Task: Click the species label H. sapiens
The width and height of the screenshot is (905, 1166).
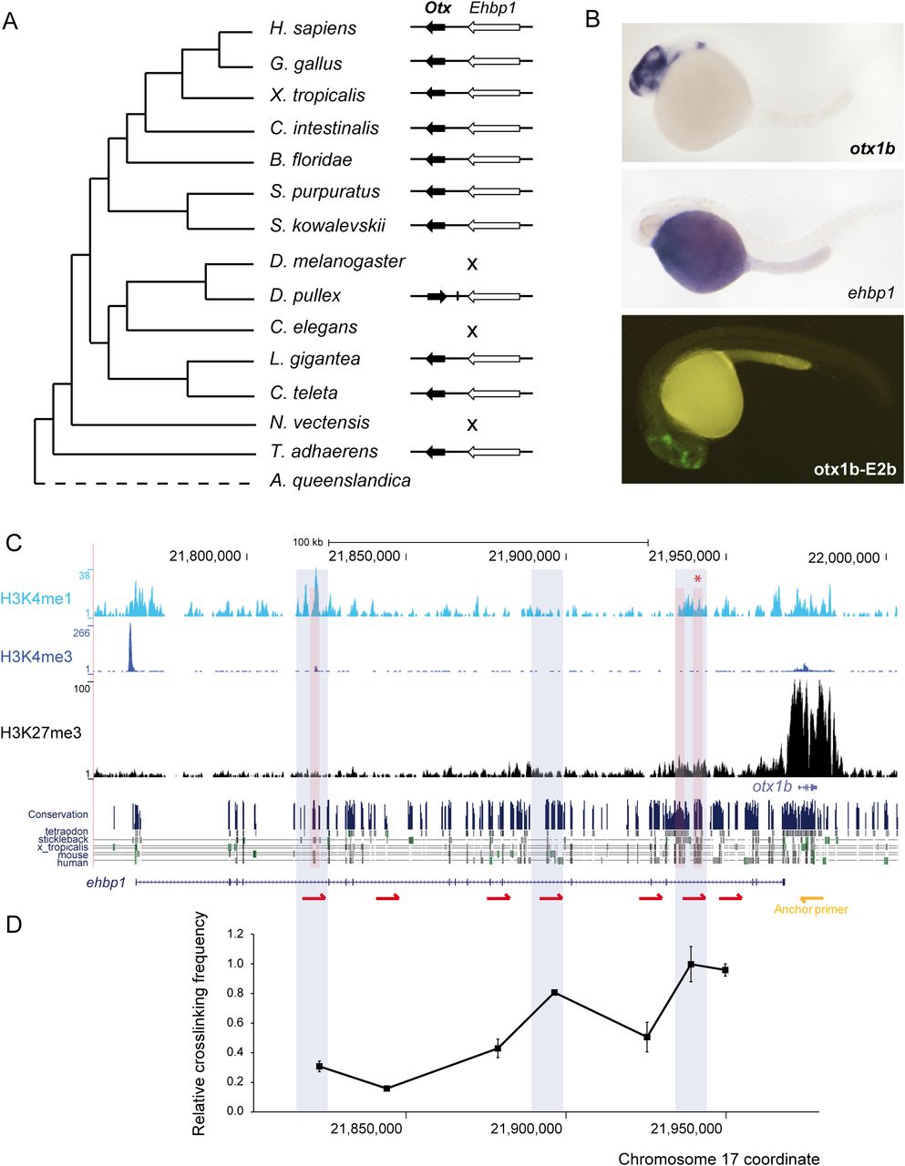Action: click(x=313, y=29)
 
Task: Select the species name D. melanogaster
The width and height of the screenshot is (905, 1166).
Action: click(x=337, y=262)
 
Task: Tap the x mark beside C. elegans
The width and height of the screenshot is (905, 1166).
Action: click(x=472, y=330)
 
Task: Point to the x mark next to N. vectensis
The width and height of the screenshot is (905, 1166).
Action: click(x=472, y=424)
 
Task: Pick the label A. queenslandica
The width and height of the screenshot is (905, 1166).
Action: click(x=340, y=481)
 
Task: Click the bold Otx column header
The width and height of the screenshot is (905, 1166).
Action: click(x=437, y=8)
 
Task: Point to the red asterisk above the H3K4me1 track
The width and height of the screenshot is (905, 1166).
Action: click(x=698, y=579)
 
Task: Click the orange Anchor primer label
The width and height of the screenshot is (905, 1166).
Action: click(x=810, y=909)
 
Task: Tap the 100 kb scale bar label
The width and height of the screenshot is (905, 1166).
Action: click(x=307, y=541)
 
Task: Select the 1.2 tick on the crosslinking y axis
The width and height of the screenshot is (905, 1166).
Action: click(x=236, y=934)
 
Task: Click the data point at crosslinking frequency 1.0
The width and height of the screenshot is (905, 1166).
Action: click(x=692, y=964)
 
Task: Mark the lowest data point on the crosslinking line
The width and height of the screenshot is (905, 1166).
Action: click(x=387, y=1088)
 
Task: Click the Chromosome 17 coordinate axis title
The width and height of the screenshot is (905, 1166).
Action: click(x=718, y=1159)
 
